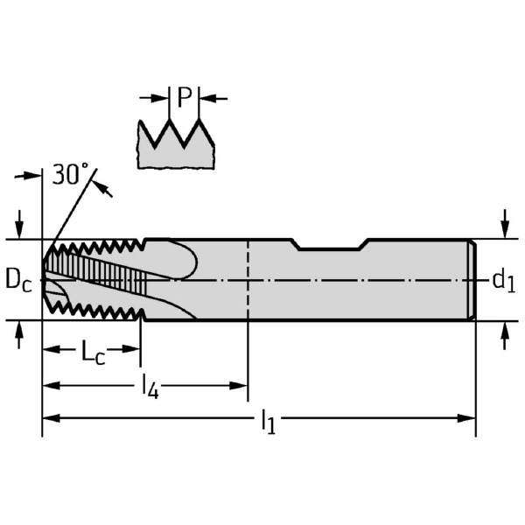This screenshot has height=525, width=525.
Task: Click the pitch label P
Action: click(x=183, y=97)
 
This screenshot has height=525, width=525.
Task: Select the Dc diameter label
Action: click(x=17, y=279)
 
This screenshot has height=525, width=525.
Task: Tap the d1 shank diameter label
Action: click(x=502, y=280)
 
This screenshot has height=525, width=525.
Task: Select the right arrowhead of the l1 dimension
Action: click(x=468, y=418)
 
